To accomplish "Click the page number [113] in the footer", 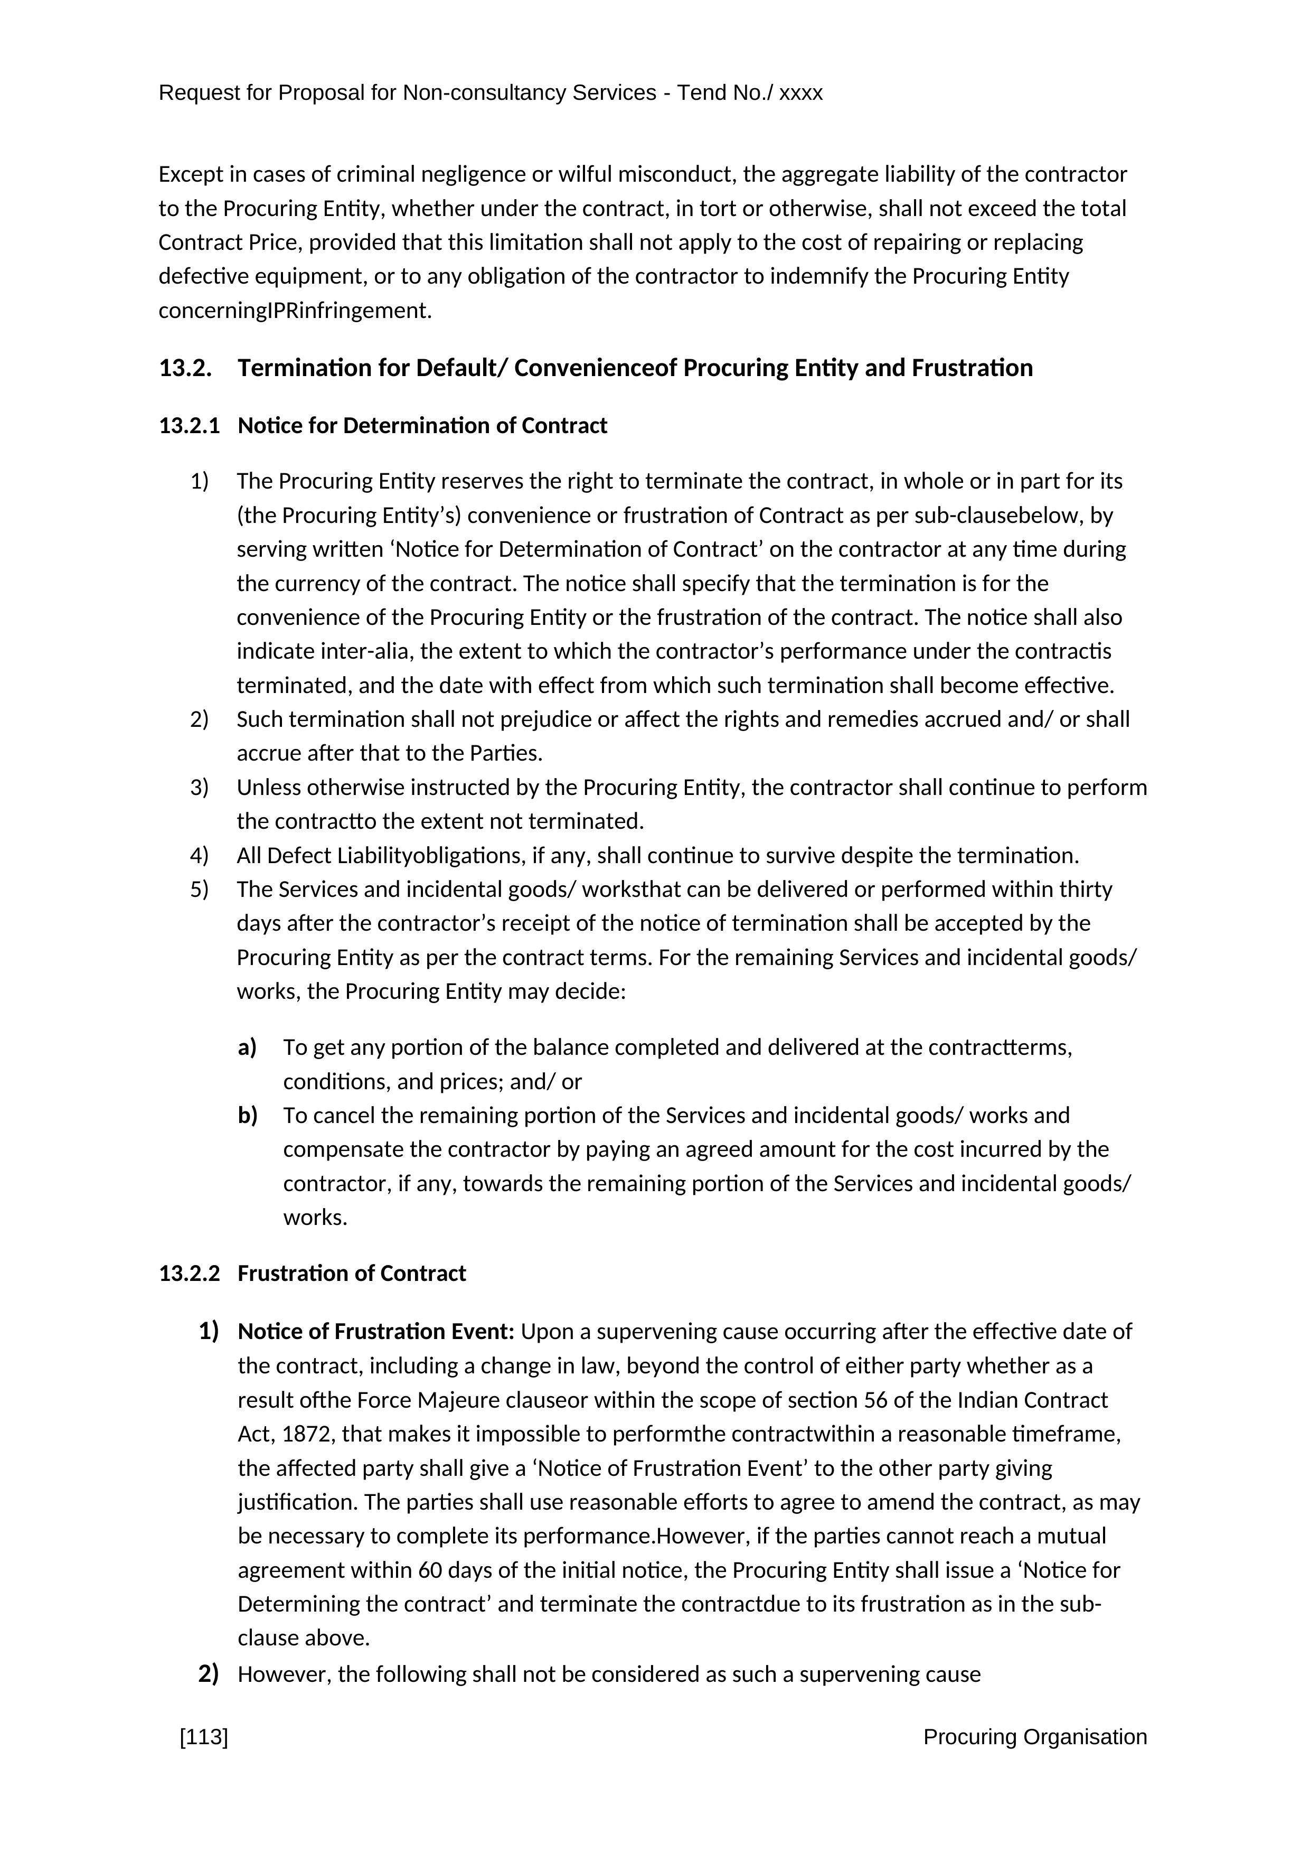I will click(204, 1737).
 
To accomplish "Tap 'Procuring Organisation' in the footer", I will click(1034, 1737).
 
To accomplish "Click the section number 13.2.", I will click(185, 368).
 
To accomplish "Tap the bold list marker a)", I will click(247, 1047).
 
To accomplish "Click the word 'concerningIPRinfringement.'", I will click(295, 311).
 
